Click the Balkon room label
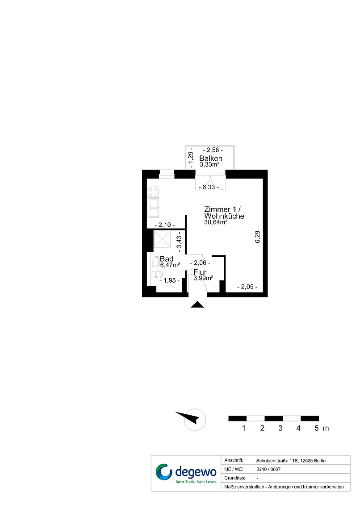tap(211, 159)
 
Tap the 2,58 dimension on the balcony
tap(213, 150)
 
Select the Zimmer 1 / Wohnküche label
tap(224, 213)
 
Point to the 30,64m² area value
tap(216, 222)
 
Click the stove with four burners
tap(153, 192)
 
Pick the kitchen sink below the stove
tap(153, 208)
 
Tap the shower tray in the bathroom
tap(162, 239)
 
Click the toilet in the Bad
tap(157, 274)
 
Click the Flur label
tap(200, 272)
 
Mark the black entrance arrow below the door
tap(197, 305)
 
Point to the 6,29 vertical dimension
tap(258, 237)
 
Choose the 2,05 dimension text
tap(247, 287)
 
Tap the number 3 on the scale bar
tap(280, 428)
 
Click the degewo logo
tap(186, 473)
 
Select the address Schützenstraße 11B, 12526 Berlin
tap(291, 461)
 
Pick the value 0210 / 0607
tap(268, 469)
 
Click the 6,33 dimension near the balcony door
tap(209, 188)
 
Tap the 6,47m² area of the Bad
tap(170, 265)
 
